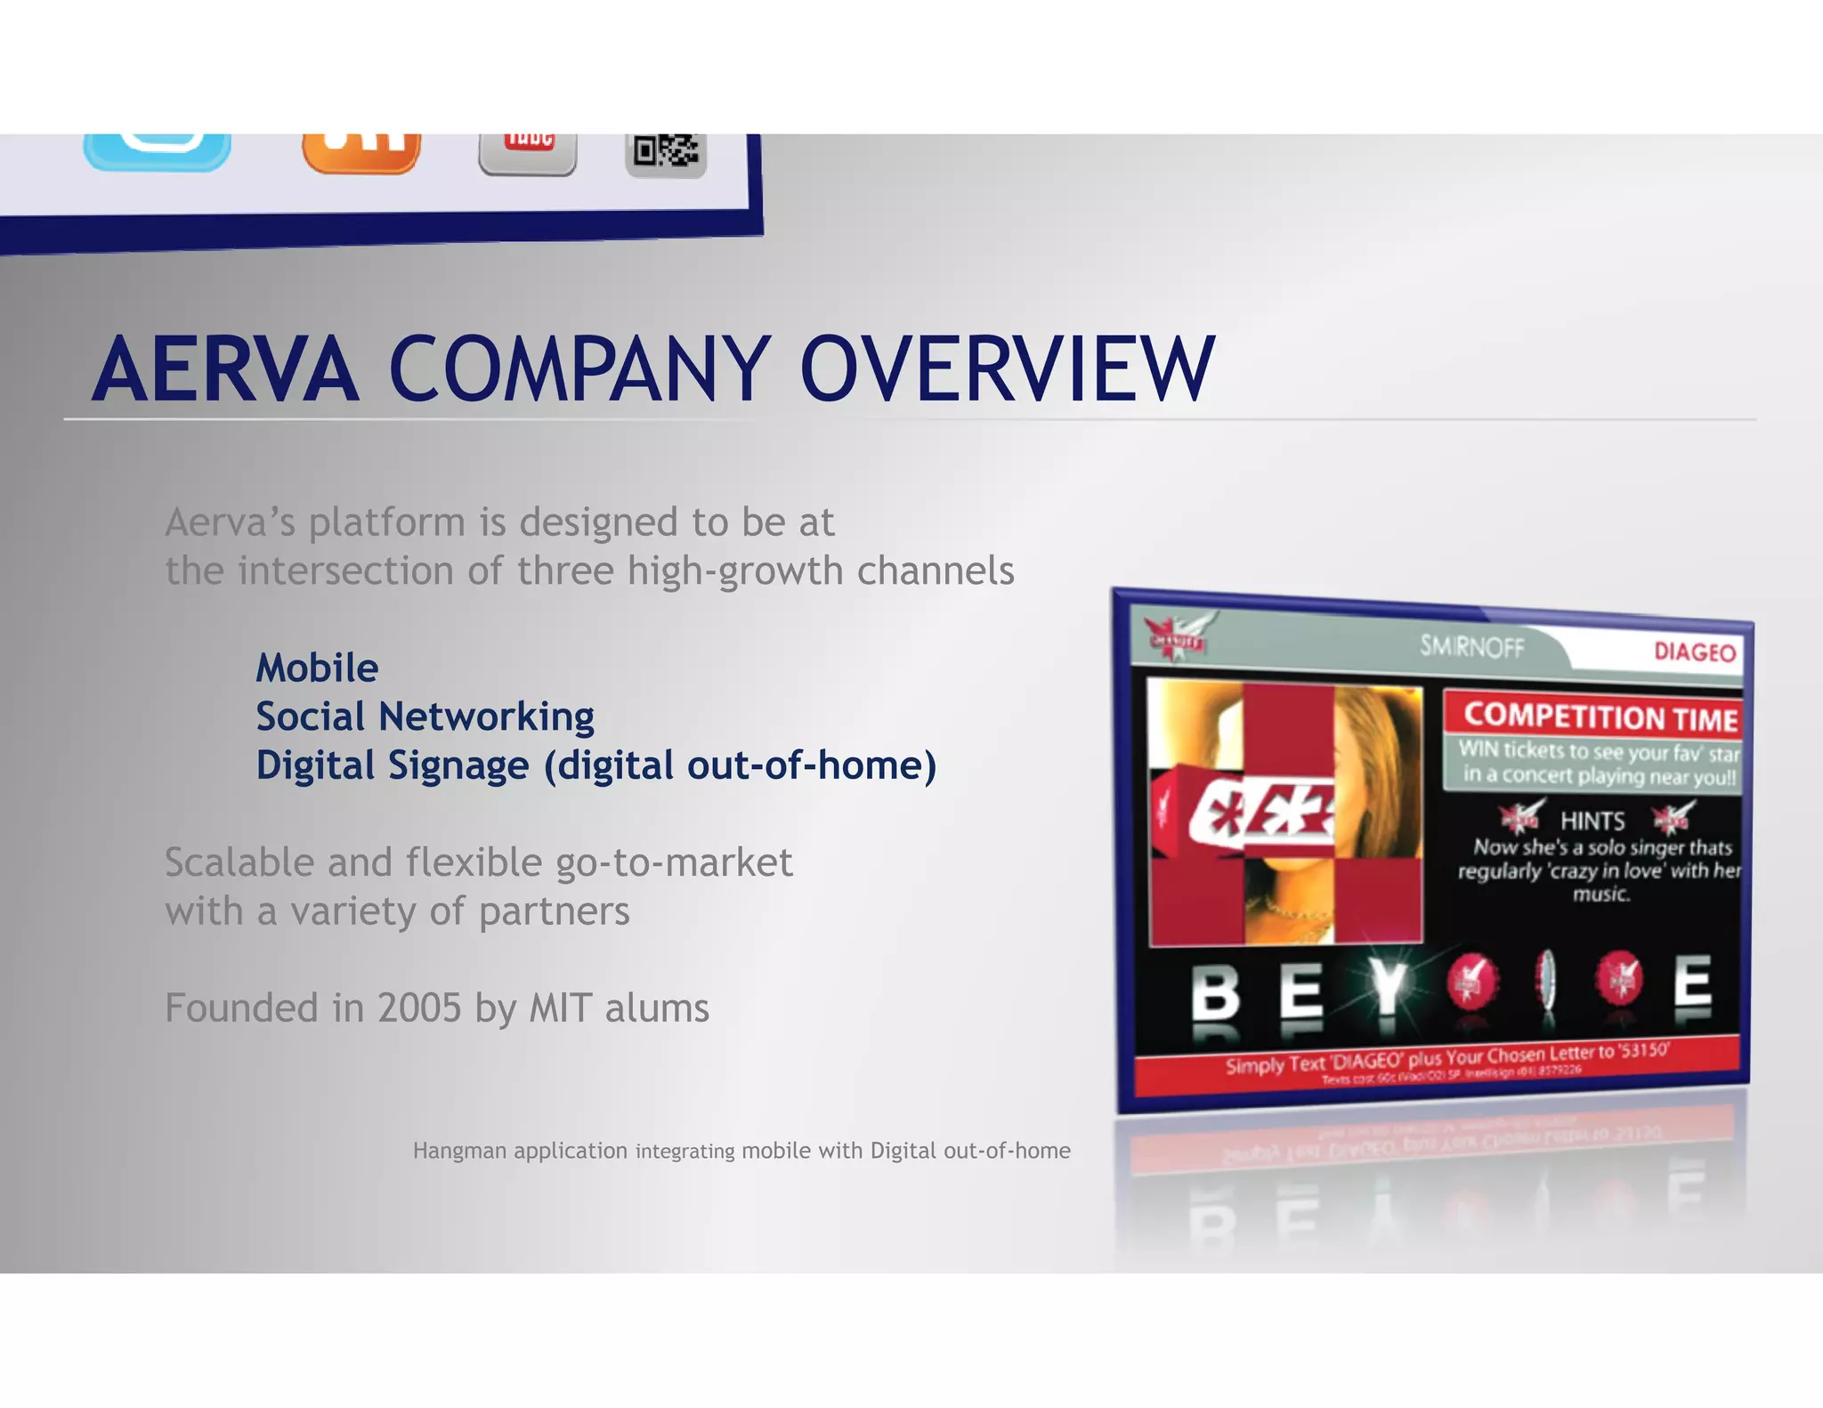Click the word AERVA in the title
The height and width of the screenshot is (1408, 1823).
point(225,369)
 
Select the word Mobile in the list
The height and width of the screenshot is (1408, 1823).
point(317,668)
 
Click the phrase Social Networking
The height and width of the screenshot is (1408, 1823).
point(425,716)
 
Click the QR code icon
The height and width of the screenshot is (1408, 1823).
point(666,153)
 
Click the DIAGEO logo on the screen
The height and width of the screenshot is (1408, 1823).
point(1694,652)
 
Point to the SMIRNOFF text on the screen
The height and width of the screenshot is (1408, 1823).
point(1471,646)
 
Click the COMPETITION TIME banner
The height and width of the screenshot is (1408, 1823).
point(1600,716)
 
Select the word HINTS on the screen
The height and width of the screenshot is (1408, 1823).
point(1592,821)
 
